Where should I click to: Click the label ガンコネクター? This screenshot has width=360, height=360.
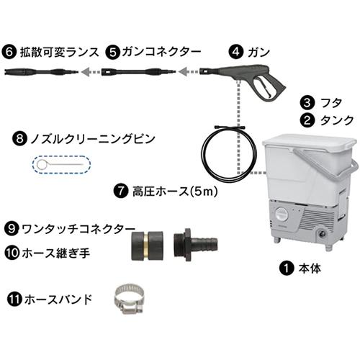[x=151, y=52]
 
